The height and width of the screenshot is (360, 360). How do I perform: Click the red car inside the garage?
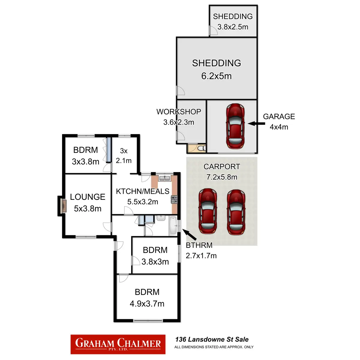[x=235, y=126]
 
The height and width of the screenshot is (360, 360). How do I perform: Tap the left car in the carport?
[x=208, y=211]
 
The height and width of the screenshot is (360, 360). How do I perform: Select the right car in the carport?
[x=236, y=212]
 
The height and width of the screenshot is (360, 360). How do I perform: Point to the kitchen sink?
[x=164, y=178]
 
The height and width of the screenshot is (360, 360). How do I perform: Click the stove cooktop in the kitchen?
[x=174, y=199]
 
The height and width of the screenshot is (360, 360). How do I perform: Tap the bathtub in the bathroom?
[x=173, y=226]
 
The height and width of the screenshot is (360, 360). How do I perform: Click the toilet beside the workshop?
[x=202, y=148]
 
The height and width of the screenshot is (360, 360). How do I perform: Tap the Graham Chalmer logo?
[x=118, y=344]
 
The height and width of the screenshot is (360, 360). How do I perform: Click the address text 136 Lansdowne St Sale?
[x=212, y=340]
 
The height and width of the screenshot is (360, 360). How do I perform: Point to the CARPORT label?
[x=222, y=167]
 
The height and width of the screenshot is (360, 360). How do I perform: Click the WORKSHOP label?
[x=179, y=112]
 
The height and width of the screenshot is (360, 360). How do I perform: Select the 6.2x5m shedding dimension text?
[x=216, y=76]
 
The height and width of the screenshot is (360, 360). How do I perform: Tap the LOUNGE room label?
[x=88, y=197]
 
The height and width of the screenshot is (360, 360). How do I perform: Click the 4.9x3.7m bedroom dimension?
[x=147, y=304]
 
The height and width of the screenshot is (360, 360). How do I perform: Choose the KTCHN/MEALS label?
[x=142, y=191]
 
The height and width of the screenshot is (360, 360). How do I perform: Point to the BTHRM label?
[x=199, y=245]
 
